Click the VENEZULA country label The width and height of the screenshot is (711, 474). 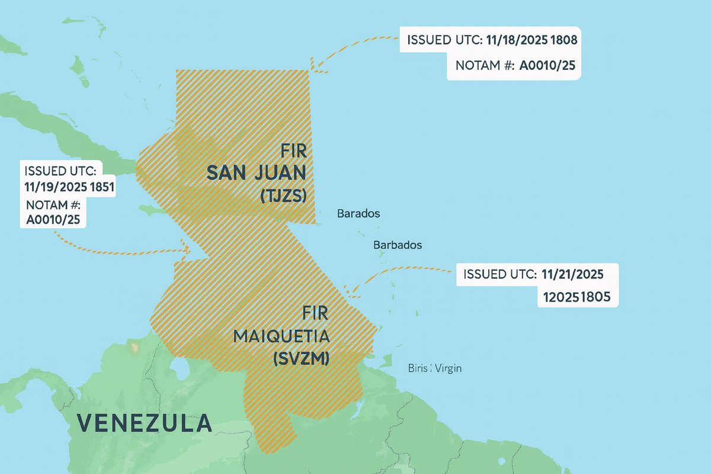pos(145,422)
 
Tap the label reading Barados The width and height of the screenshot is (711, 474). pos(358,213)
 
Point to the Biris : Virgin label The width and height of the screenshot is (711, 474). pos(435,368)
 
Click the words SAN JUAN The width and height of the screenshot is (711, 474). pos(257,173)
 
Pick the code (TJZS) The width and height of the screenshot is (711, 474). pos(287,197)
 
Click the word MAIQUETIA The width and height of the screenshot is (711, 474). pos(281,336)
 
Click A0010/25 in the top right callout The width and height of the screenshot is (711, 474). pos(547,66)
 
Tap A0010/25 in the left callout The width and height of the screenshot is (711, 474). pos(53,221)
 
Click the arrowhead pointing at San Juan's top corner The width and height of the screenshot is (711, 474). pos(315,67)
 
